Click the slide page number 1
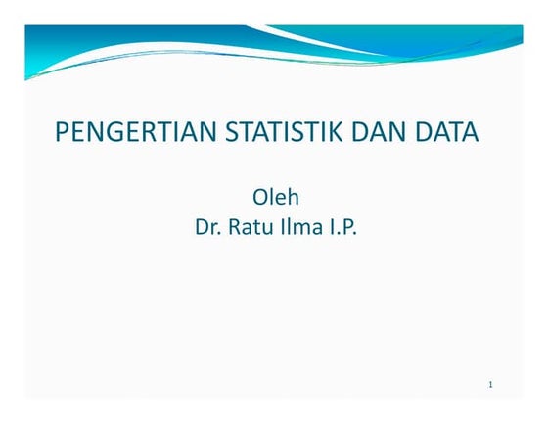coord(490,384)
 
